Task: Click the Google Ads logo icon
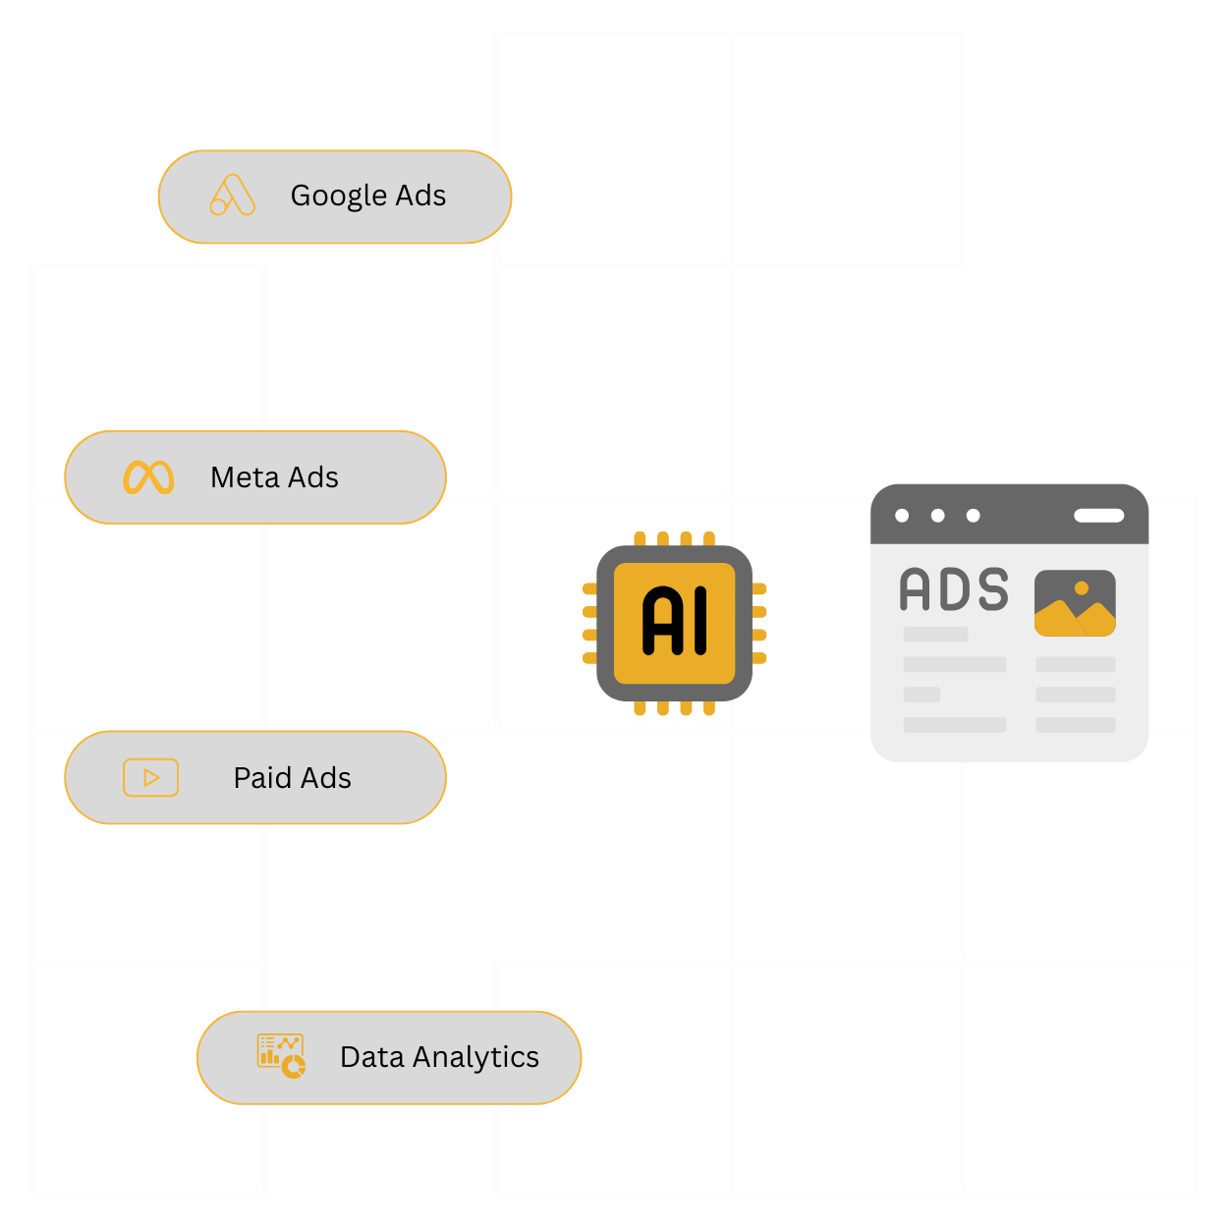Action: [x=232, y=195]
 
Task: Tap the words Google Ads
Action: [x=368, y=195]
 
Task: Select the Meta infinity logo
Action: [x=148, y=477]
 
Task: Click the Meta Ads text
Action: [x=274, y=477]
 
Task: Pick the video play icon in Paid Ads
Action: [x=150, y=778]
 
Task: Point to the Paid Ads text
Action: [x=292, y=778]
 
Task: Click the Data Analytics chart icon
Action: [x=281, y=1056]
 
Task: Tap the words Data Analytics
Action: [x=439, y=1057]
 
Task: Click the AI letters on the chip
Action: [x=675, y=621]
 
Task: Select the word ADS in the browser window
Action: [x=954, y=589]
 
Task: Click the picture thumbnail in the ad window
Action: [x=1075, y=603]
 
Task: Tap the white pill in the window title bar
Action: [x=1098, y=516]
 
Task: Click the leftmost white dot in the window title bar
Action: [x=902, y=516]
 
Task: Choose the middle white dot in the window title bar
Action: [x=938, y=516]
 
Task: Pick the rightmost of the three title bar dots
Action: [x=974, y=516]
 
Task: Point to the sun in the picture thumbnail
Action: [x=1082, y=587]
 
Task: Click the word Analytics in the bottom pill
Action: [x=475, y=1057]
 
